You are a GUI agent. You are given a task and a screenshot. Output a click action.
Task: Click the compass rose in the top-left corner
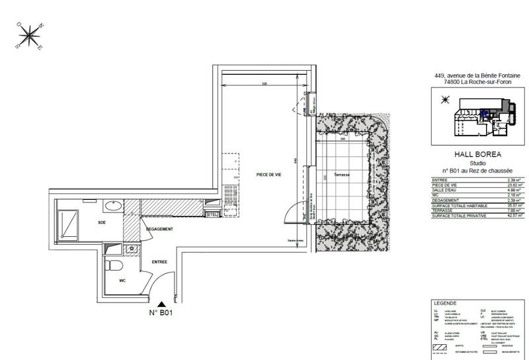[x=30, y=36]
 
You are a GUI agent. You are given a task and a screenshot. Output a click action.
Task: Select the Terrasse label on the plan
[x=343, y=175]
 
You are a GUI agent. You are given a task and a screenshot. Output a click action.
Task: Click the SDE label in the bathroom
[x=102, y=223]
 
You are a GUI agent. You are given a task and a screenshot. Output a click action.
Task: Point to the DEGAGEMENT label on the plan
[x=160, y=229]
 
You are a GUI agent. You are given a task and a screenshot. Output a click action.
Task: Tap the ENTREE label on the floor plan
[x=159, y=261]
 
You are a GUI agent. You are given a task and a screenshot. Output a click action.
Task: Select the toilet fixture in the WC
[x=114, y=268]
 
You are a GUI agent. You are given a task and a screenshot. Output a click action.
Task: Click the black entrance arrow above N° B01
[x=160, y=303]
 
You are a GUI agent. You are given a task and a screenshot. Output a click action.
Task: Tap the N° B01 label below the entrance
[x=160, y=314]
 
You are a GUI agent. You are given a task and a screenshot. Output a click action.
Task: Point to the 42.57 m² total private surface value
[x=514, y=216]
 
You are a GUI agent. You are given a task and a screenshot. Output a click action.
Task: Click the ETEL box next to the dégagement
[x=212, y=214]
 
